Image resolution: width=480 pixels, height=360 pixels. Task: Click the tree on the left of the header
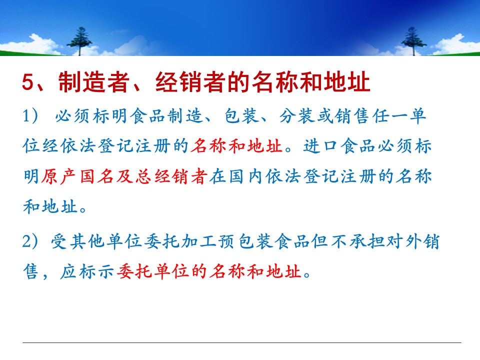tap(79, 41)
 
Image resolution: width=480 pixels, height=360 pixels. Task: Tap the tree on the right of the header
tap(413, 41)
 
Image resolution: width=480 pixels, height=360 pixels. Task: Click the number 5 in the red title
tap(28, 82)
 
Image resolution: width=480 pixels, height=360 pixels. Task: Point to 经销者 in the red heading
tap(190, 82)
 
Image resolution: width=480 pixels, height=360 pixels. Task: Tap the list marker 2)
tap(30, 241)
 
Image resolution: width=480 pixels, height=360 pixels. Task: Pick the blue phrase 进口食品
tap(340, 146)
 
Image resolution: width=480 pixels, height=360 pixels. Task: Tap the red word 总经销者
tap(172, 176)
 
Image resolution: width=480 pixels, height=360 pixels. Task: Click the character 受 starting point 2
tap(59, 241)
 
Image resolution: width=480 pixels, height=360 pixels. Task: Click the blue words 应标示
tap(87, 271)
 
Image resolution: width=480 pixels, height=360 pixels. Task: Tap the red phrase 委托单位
tap(153, 271)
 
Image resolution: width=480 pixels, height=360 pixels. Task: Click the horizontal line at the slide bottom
tap(242, 342)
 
